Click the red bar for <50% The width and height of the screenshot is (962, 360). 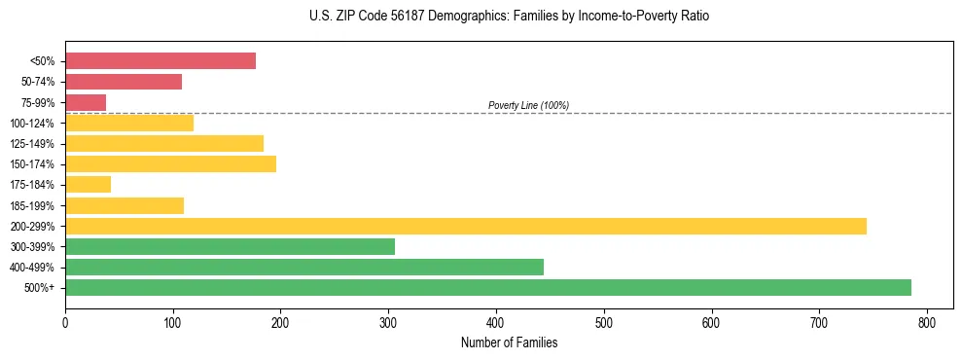coord(160,60)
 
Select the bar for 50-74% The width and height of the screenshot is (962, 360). coord(124,82)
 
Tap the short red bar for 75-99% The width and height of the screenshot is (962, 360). coord(86,102)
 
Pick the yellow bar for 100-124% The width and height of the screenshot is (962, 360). coord(129,123)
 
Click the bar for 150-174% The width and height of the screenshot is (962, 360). coord(170,163)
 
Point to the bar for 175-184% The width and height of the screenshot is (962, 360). coord(88,184)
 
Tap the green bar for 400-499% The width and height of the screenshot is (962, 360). coord(304,267)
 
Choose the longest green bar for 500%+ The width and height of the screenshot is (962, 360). coord(488,287)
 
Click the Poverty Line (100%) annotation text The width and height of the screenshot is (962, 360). coord(528,105)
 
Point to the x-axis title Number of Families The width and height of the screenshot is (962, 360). coord(509,342)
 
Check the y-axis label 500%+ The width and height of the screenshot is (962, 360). coord(41,288)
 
